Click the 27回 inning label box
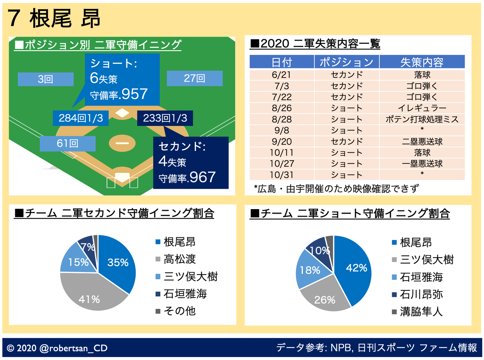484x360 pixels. click(194, 79)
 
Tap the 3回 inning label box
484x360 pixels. click(45, 79)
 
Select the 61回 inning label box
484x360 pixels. click(67, 144)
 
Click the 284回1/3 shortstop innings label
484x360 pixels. click(81, 118)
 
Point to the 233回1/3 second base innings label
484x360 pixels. click(165, 118)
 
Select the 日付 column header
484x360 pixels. click(282, 62)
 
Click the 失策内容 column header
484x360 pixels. click(422, 62)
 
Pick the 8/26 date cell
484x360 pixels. click(282, 108)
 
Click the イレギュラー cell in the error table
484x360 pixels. click(422, 108)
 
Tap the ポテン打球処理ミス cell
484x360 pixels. click(422, 119)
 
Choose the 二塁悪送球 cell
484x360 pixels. click(422, 142)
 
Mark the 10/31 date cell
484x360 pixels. click(282, 175)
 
